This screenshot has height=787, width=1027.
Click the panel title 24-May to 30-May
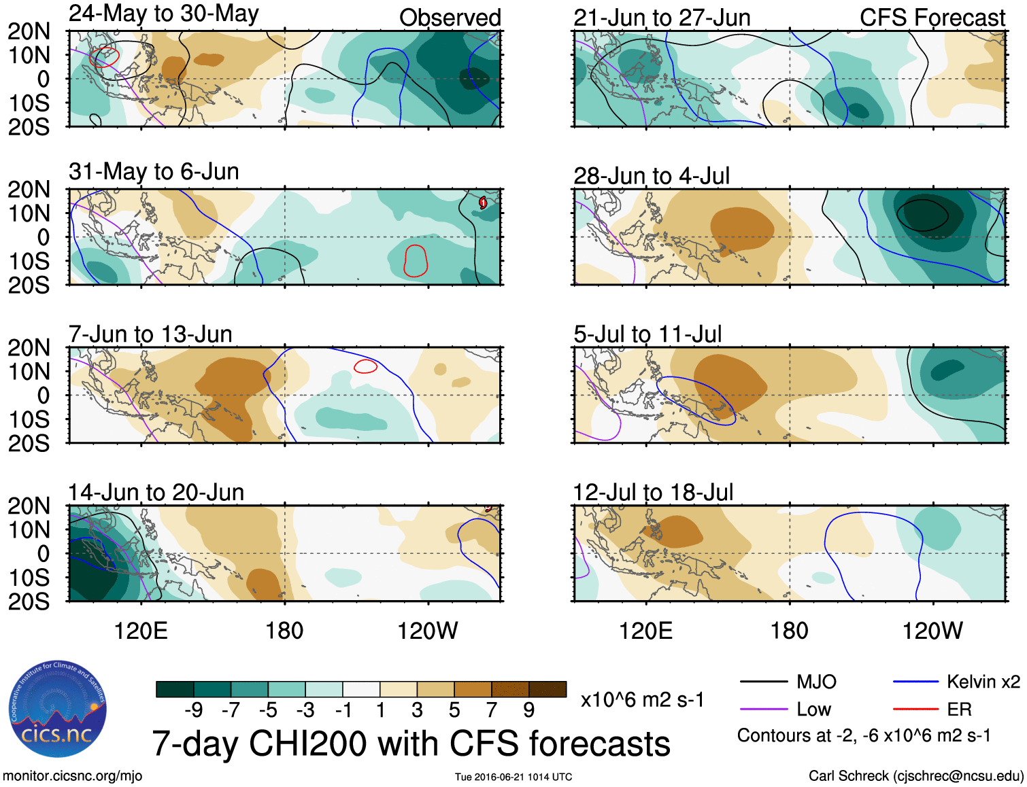click(163, 14)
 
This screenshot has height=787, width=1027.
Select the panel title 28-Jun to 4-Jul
click(651, 176)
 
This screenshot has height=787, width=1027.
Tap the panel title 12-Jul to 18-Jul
click(653, 492)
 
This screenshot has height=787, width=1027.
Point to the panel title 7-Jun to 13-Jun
click(150, 334)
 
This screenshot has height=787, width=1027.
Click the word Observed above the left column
click(450, 18)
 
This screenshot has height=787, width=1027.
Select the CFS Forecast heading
click(932, 18)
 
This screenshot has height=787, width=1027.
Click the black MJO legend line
click(763, 682)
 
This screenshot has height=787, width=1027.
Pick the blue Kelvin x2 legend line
click(915, 682)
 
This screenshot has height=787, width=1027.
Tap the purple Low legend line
click(763, 710)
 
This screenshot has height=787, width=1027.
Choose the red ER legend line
click(915, 710)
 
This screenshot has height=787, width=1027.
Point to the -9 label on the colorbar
click(194, 710)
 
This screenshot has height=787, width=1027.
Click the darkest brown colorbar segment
click(548, 689)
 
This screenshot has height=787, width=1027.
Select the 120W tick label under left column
click(427, 631)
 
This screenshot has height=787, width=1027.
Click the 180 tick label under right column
click(789, 631)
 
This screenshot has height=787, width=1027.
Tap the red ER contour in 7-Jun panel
click(365, 366)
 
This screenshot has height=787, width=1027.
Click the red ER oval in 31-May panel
click(416, 260)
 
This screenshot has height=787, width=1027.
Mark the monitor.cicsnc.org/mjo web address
click(72, 776)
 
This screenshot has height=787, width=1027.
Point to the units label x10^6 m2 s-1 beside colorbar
click(642, 700)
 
